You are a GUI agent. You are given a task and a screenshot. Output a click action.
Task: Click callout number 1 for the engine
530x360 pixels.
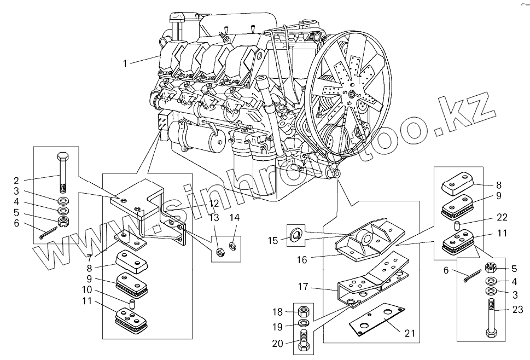tap(125, 63)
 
